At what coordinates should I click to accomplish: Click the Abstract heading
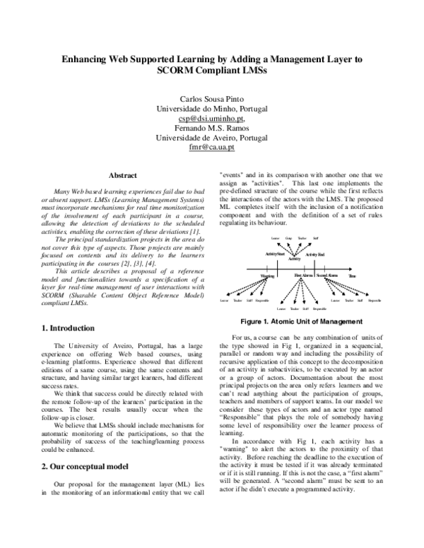point(122,175)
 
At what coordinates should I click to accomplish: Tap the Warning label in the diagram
point(268,275)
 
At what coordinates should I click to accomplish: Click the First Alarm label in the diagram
point(302,275)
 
